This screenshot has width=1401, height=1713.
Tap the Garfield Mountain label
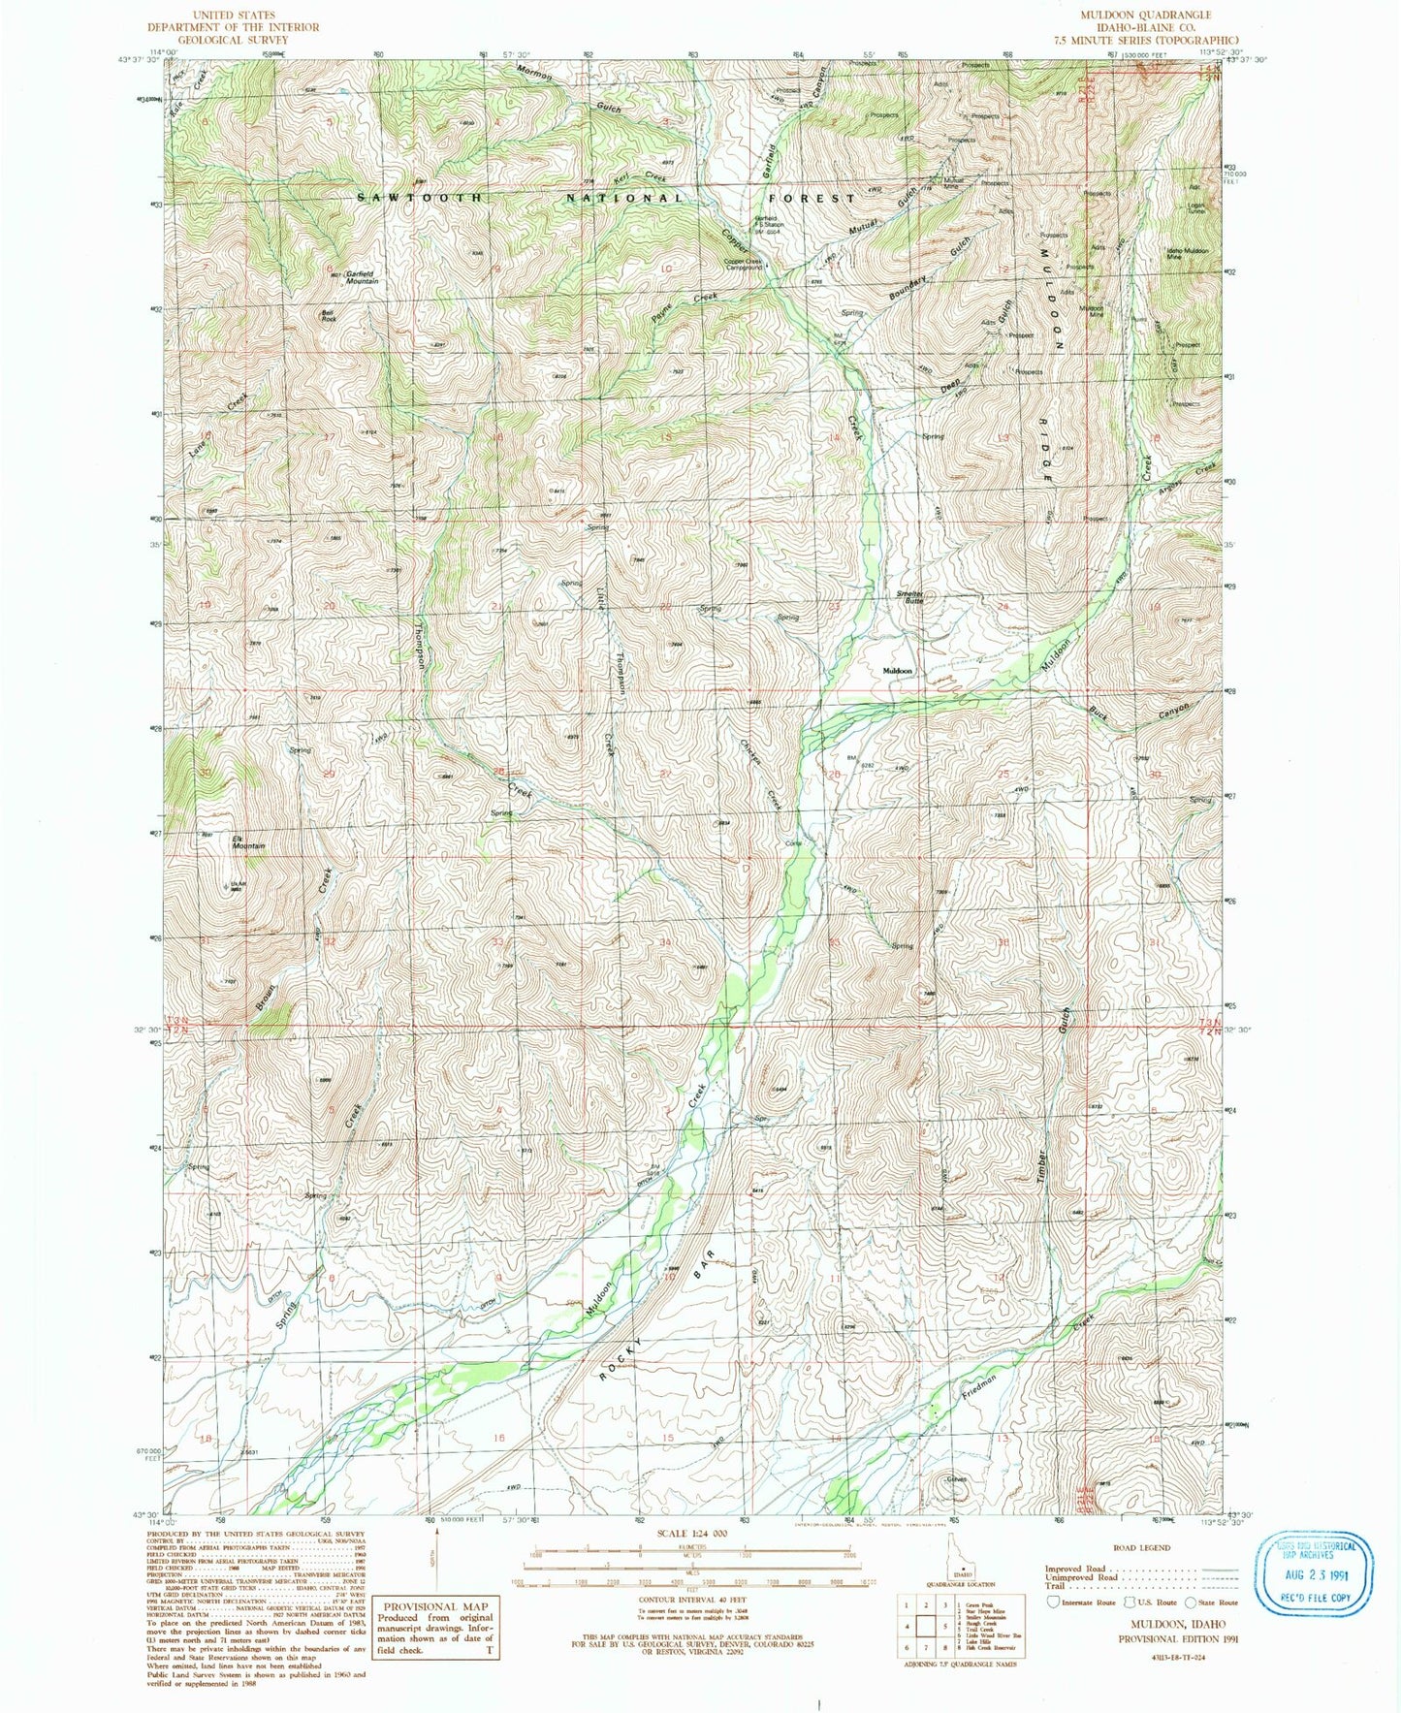click(x=355, y=277)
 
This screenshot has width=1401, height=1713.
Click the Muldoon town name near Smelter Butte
click(x=897, y=670)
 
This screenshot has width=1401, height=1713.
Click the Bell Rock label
click(x=329, y=314)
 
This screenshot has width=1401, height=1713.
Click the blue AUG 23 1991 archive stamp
click(x=1314, y=1570)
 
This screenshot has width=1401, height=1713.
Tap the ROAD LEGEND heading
click(x=1142, y=1548)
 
